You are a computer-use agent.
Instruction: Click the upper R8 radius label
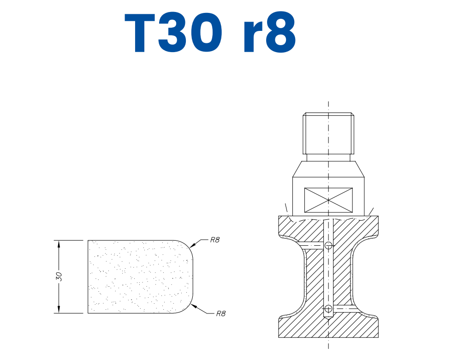pyautogui.click(x=214, y=240)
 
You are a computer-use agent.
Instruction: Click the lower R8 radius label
pyautogui.click(x=220, y=313)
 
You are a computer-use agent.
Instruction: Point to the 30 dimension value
pyautogui.click(x=59, y=277)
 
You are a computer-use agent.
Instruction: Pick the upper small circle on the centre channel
pyautogui.click(x=328, y=245)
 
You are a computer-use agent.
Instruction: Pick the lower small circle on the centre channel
pyautogui.click(x=328, y=308)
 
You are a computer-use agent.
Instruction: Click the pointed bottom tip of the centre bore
pyautogui.click(x=328, y=320)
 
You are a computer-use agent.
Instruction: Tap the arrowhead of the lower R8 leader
pyautogui.click(x=193, y=304)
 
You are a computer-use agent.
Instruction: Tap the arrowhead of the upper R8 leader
pyautogui.click(x=191, y=246)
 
